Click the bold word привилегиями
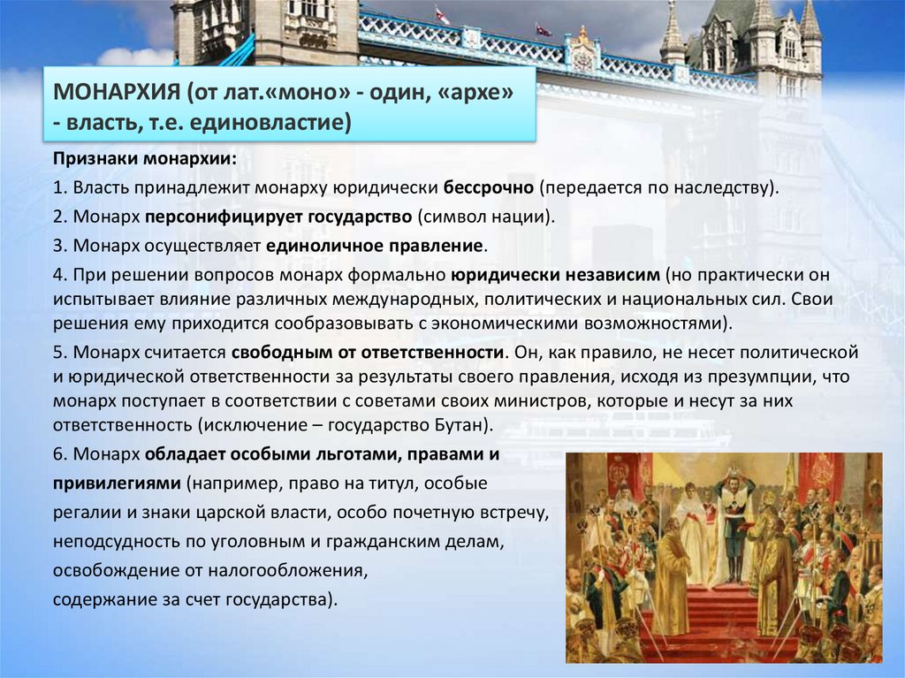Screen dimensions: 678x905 116,484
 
